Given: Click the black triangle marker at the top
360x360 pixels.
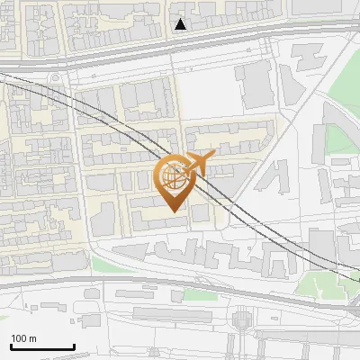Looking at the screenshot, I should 181,24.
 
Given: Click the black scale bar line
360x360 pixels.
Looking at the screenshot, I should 42,346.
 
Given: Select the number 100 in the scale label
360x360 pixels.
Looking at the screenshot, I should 20,338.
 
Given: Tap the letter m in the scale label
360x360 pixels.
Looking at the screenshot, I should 32,338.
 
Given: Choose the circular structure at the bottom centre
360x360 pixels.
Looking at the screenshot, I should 240,319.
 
